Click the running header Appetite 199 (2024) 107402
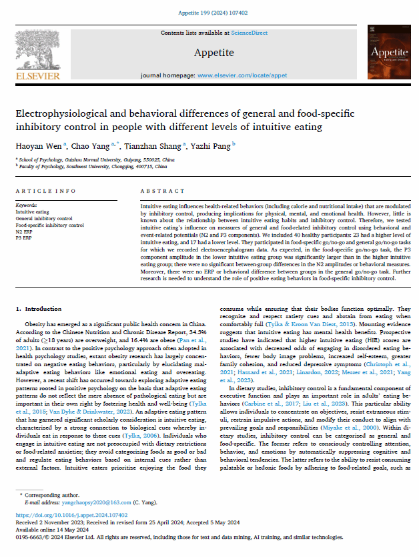pos(209,12)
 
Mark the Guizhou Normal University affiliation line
pos(95,160)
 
